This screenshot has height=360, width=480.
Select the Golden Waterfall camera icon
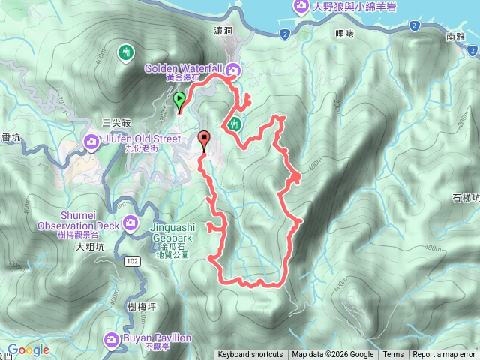coord(234,70)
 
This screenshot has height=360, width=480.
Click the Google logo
coord(28,350)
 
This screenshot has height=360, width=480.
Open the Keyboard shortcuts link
coord(250,355)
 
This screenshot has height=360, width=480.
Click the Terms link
coord(393,355)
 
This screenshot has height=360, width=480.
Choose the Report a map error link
coord(444,355)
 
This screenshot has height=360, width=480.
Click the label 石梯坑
coord(465,199)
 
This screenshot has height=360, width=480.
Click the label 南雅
coord(454,35)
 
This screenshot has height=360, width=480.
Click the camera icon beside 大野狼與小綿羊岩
coord(302,7)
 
